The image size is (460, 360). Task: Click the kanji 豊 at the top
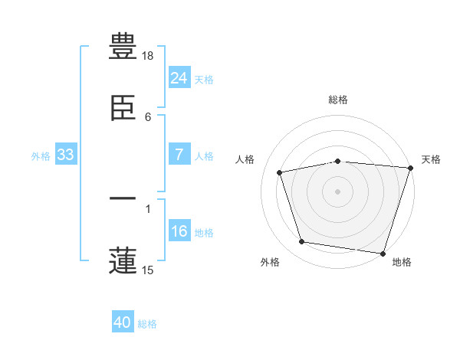tap(123, 47)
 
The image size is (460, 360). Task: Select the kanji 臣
tap(123, 106)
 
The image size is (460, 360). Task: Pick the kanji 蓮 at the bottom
tap(123, 260)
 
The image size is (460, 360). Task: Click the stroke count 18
tap(148, 56)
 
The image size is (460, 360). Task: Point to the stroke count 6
tap(148, 116)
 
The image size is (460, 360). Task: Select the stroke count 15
tap(148, 270)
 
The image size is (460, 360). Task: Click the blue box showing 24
tap(179, 78)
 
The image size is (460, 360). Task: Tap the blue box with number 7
tap(179, 155)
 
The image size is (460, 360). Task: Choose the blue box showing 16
tap(179, 231)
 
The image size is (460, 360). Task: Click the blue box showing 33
tap(66, 155)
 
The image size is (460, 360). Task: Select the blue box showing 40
tap(123, 323)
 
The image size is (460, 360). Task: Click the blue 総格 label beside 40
tap(147, 324)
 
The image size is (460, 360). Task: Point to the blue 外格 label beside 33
tap(41, 155)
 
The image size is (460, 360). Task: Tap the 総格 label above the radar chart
tap(338, 100)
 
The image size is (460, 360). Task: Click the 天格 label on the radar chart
tap(431, 159)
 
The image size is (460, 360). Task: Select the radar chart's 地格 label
tap(402, 262)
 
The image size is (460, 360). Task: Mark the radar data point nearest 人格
tap(281, 172)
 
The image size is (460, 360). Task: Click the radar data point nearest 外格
tap(302, 242)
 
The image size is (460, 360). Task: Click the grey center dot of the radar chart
tap(338, 191)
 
